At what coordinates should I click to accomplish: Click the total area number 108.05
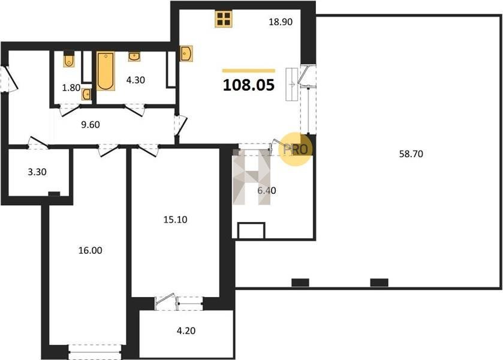click(x=249, y=85)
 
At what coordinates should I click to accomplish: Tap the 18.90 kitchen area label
click(x=281, y=22)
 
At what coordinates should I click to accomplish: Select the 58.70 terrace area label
click(x=411, y=154)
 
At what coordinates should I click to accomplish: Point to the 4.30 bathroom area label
click(x=135, y=80)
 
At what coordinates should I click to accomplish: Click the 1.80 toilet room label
click(x=71, y=88)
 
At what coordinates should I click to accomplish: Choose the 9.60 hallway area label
click(x=91, y=125)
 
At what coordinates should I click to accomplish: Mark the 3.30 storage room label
click(x=37, y=172)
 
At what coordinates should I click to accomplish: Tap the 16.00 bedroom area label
click(x=91, y=250)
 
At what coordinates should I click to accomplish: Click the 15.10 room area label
click(x=176, y=220)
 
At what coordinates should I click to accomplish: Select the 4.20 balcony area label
click(x=186, y=331)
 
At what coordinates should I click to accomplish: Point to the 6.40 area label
click(x=267, y=190)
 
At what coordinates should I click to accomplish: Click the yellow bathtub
click(x=106, y=71)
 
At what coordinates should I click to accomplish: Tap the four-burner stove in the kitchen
click(x=224, y=19)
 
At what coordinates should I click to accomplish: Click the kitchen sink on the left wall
click(x=186, y=53)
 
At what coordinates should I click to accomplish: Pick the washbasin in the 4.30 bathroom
click(x=134, y=56)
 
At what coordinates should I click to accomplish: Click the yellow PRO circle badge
click(x=296, y=149)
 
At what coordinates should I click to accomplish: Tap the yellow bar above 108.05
click(x=249, y=71)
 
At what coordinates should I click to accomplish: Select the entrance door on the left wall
click(x=9, y=79)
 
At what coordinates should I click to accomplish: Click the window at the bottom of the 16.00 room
click(x=95, y=352)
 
